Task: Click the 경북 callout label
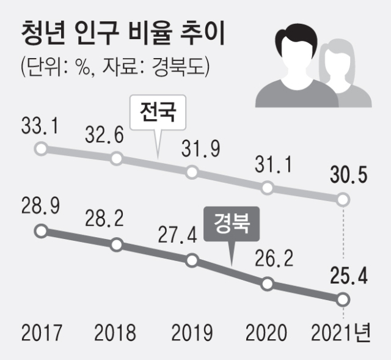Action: tap(232, 223)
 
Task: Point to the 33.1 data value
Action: tap(40, 127)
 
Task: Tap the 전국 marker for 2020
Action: tap(267, 188)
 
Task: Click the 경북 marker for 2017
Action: tap(40, 231)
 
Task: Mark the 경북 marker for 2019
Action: tap(192, 260)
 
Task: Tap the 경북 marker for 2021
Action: tap(343, 299)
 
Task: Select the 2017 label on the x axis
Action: tap(42, 333)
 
